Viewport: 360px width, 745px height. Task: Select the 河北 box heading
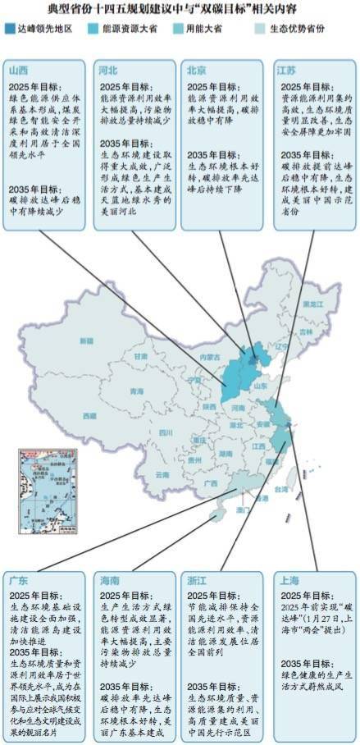(107, 71)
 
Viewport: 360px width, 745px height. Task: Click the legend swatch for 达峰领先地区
(11, 28)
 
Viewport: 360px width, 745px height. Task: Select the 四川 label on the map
(166, 432)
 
